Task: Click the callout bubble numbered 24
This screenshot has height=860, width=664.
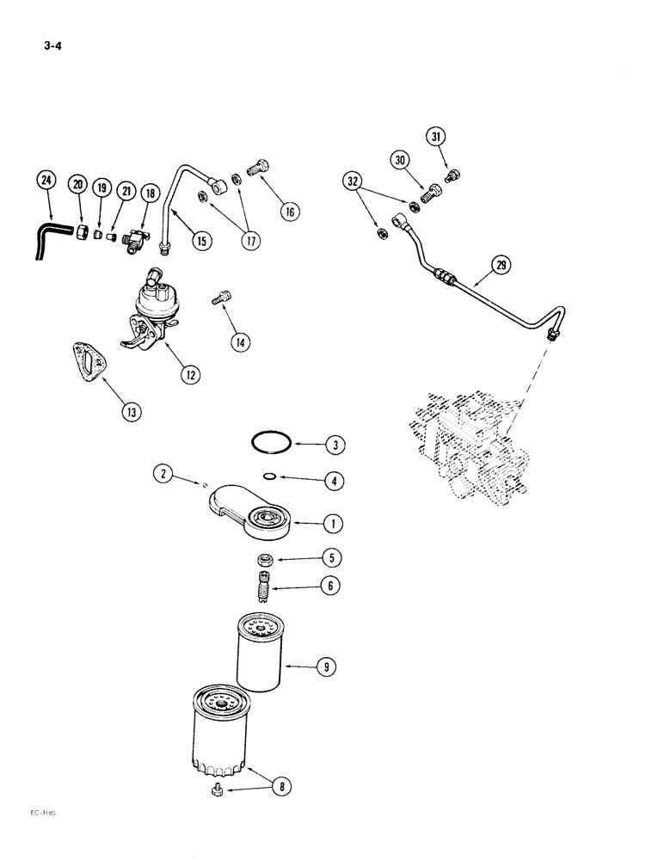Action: [45, 181]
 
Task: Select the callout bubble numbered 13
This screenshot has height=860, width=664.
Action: [131, 411]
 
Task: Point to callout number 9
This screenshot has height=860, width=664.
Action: [328, 666]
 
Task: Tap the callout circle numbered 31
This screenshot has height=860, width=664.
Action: [436, 137]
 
